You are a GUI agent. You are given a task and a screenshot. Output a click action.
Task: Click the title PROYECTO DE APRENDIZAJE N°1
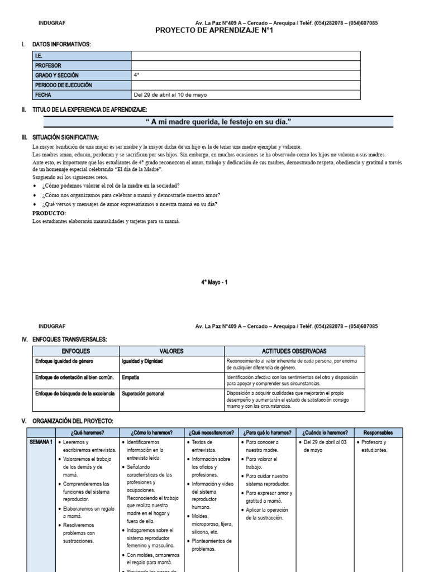click(x=214, y=31)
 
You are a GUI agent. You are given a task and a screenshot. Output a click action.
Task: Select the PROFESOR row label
click(x=49, y=65)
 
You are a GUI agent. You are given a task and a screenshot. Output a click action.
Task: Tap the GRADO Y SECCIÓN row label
click(x=57, y=75)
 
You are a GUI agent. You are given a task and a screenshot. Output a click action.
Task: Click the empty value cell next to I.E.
click(x=245, y=56)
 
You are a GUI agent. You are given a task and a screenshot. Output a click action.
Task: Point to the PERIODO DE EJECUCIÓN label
click(x=64, y=85)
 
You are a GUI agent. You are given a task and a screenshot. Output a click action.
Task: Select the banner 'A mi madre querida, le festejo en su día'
click(x=218, y=122)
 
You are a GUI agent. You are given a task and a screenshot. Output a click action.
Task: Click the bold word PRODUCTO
click(x=49, y=213)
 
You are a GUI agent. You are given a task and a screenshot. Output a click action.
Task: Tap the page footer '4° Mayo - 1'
click(x=214, y=283)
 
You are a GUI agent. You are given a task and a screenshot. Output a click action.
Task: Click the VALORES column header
click(x=171, y=351)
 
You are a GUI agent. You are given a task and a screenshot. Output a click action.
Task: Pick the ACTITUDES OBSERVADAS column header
click(x=294, y=351)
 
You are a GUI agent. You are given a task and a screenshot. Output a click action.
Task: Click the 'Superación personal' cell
click(x=143, y=394)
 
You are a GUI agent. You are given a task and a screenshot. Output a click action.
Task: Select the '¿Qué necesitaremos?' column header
click(x=212, y=432)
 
